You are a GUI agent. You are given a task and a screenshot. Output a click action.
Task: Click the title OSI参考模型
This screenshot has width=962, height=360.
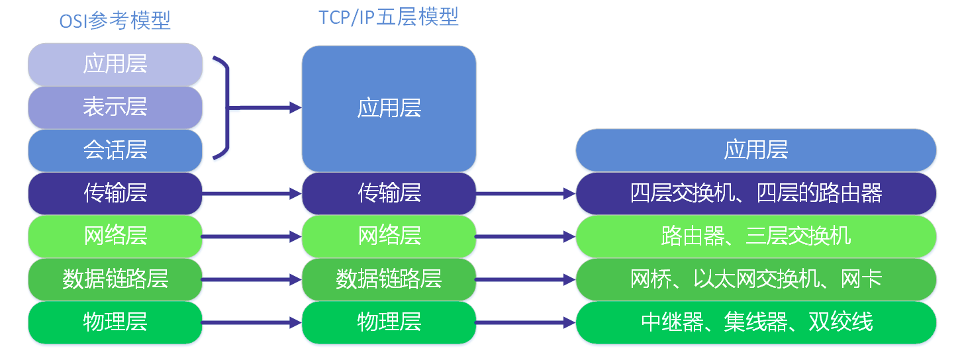[115, 21]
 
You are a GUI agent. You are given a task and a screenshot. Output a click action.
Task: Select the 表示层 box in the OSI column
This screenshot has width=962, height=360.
[115, 107]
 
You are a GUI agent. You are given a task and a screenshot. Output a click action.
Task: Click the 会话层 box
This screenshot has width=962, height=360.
[115, 150]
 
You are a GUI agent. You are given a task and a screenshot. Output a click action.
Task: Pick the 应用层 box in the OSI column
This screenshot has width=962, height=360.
[115, 64]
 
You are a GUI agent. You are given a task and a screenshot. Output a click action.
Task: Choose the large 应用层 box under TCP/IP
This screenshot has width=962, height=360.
[389, 109]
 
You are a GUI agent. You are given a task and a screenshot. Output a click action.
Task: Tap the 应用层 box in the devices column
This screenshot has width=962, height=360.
[755, 150]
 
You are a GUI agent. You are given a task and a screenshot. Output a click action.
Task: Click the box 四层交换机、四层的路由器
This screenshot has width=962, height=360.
[755, 193]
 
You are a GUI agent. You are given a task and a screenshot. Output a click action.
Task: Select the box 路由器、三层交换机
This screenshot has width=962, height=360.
[755, 236]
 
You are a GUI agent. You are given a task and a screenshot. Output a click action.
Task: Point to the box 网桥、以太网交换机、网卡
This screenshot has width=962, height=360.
[755, 279]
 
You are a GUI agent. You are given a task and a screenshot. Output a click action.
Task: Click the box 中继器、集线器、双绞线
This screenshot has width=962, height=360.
[755, 322]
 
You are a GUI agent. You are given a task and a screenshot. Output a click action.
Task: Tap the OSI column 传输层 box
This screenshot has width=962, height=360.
[115, 193]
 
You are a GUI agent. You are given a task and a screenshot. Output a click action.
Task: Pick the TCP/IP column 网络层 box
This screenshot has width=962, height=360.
[389, 236]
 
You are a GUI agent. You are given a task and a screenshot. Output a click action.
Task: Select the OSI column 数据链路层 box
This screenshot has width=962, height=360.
[115, 279]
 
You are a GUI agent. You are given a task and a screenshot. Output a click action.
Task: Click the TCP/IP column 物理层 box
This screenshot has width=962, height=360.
[389, 322]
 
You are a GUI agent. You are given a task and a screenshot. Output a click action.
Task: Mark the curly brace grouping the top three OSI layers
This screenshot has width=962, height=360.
[225, 108]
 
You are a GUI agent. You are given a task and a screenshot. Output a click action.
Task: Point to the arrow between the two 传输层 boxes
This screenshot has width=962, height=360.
[252, 194]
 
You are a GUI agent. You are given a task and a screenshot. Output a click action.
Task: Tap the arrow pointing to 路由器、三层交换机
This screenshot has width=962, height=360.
[525, 236]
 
